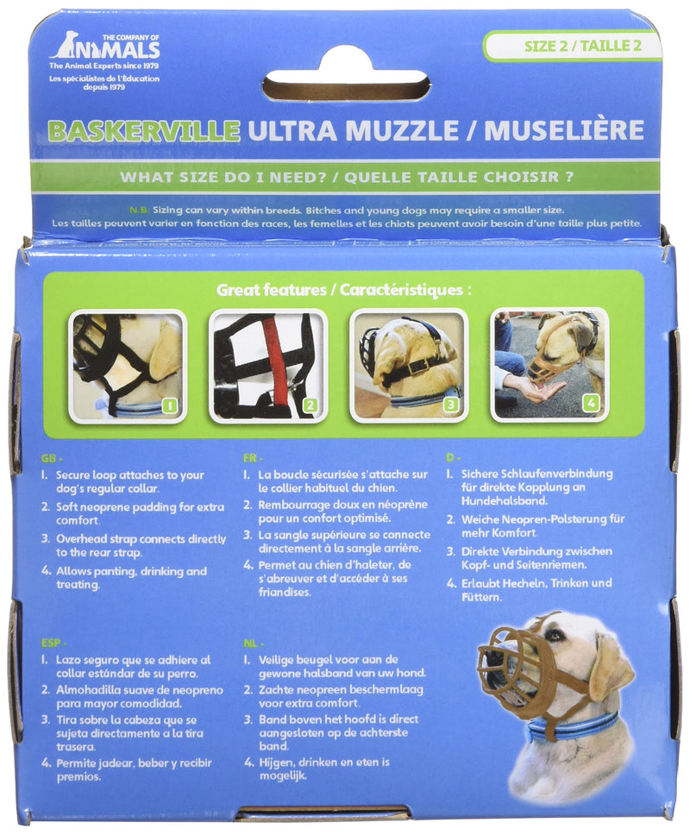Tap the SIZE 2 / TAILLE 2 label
click(582, 45)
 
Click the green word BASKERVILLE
click(143, 131)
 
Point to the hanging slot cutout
click(346, 87)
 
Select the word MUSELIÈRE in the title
click(563, 130)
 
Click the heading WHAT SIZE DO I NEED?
click(223, 177)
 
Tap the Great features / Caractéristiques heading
click(343, 290)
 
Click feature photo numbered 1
click(128, 366)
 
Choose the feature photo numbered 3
click(408, 366)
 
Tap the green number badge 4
click(591, 403)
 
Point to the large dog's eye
click(555, 635)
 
